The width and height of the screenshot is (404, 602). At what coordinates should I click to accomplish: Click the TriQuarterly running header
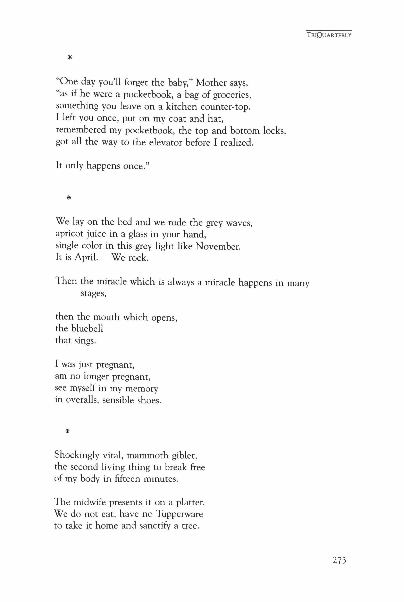(329, 35)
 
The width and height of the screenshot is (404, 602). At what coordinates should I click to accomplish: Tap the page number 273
(339, 561)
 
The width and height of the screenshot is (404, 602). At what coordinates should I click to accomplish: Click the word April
(86, 258)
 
